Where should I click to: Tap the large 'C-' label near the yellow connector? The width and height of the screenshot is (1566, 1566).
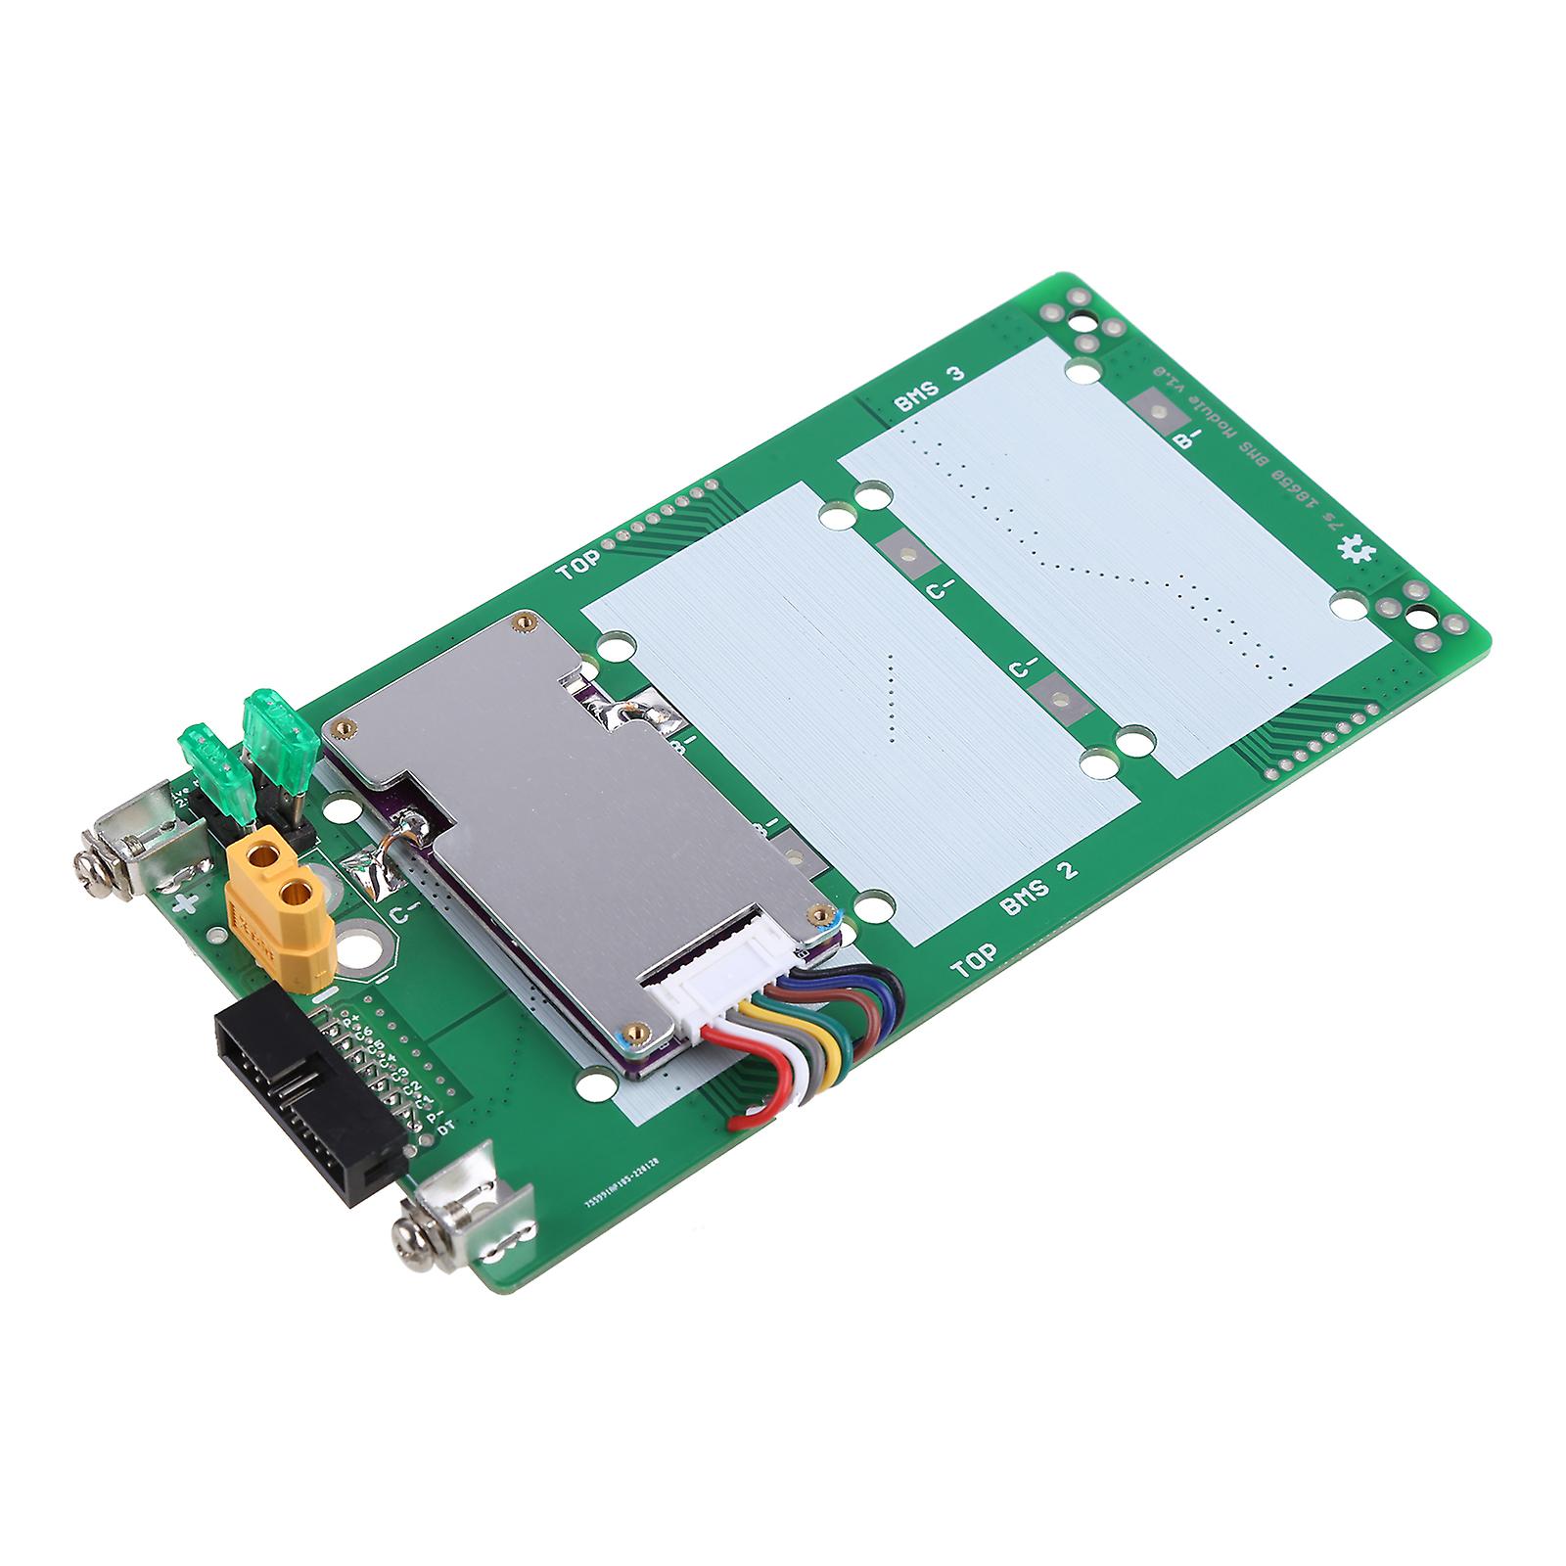[x=405, y=914]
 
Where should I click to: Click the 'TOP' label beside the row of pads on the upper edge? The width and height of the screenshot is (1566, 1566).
[x=577, y=567]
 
